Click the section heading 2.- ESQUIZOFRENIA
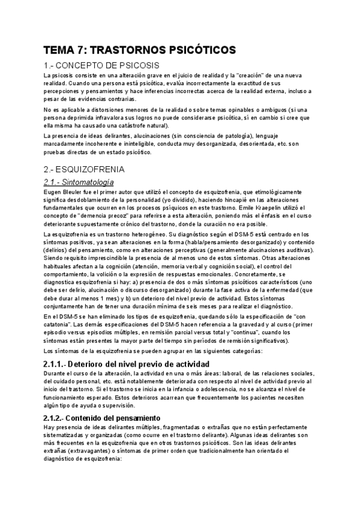pos(85,169)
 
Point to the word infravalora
pos(110,118)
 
